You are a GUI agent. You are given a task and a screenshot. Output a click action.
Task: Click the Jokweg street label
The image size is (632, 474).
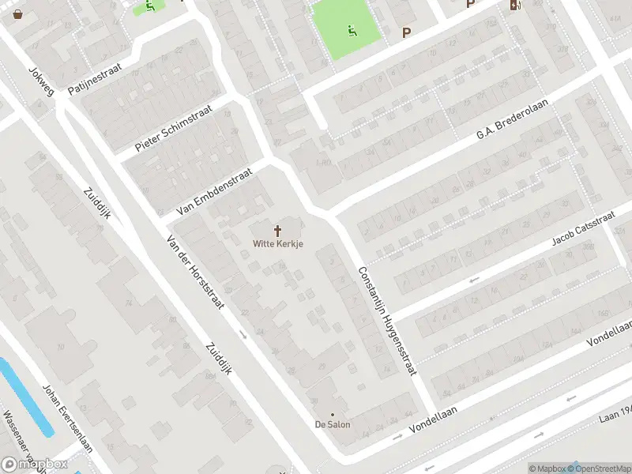(41, 81)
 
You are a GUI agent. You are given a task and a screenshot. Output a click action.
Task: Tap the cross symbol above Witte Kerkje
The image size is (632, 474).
(278, 231)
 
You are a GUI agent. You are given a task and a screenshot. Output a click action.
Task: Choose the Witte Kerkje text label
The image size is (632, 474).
(278, 244)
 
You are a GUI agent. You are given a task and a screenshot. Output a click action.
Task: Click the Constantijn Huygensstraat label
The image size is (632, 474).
(386, 319)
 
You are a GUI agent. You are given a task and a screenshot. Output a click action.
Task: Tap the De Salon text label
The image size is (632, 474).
(333, 424)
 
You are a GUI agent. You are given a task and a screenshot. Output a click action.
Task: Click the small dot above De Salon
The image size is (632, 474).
(333, 414)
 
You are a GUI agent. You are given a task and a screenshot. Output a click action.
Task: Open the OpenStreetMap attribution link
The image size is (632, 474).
(602, 468)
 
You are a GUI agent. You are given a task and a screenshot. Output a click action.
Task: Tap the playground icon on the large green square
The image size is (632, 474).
(352, 31)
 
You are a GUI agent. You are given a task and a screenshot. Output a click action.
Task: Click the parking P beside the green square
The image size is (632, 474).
(407, 32)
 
